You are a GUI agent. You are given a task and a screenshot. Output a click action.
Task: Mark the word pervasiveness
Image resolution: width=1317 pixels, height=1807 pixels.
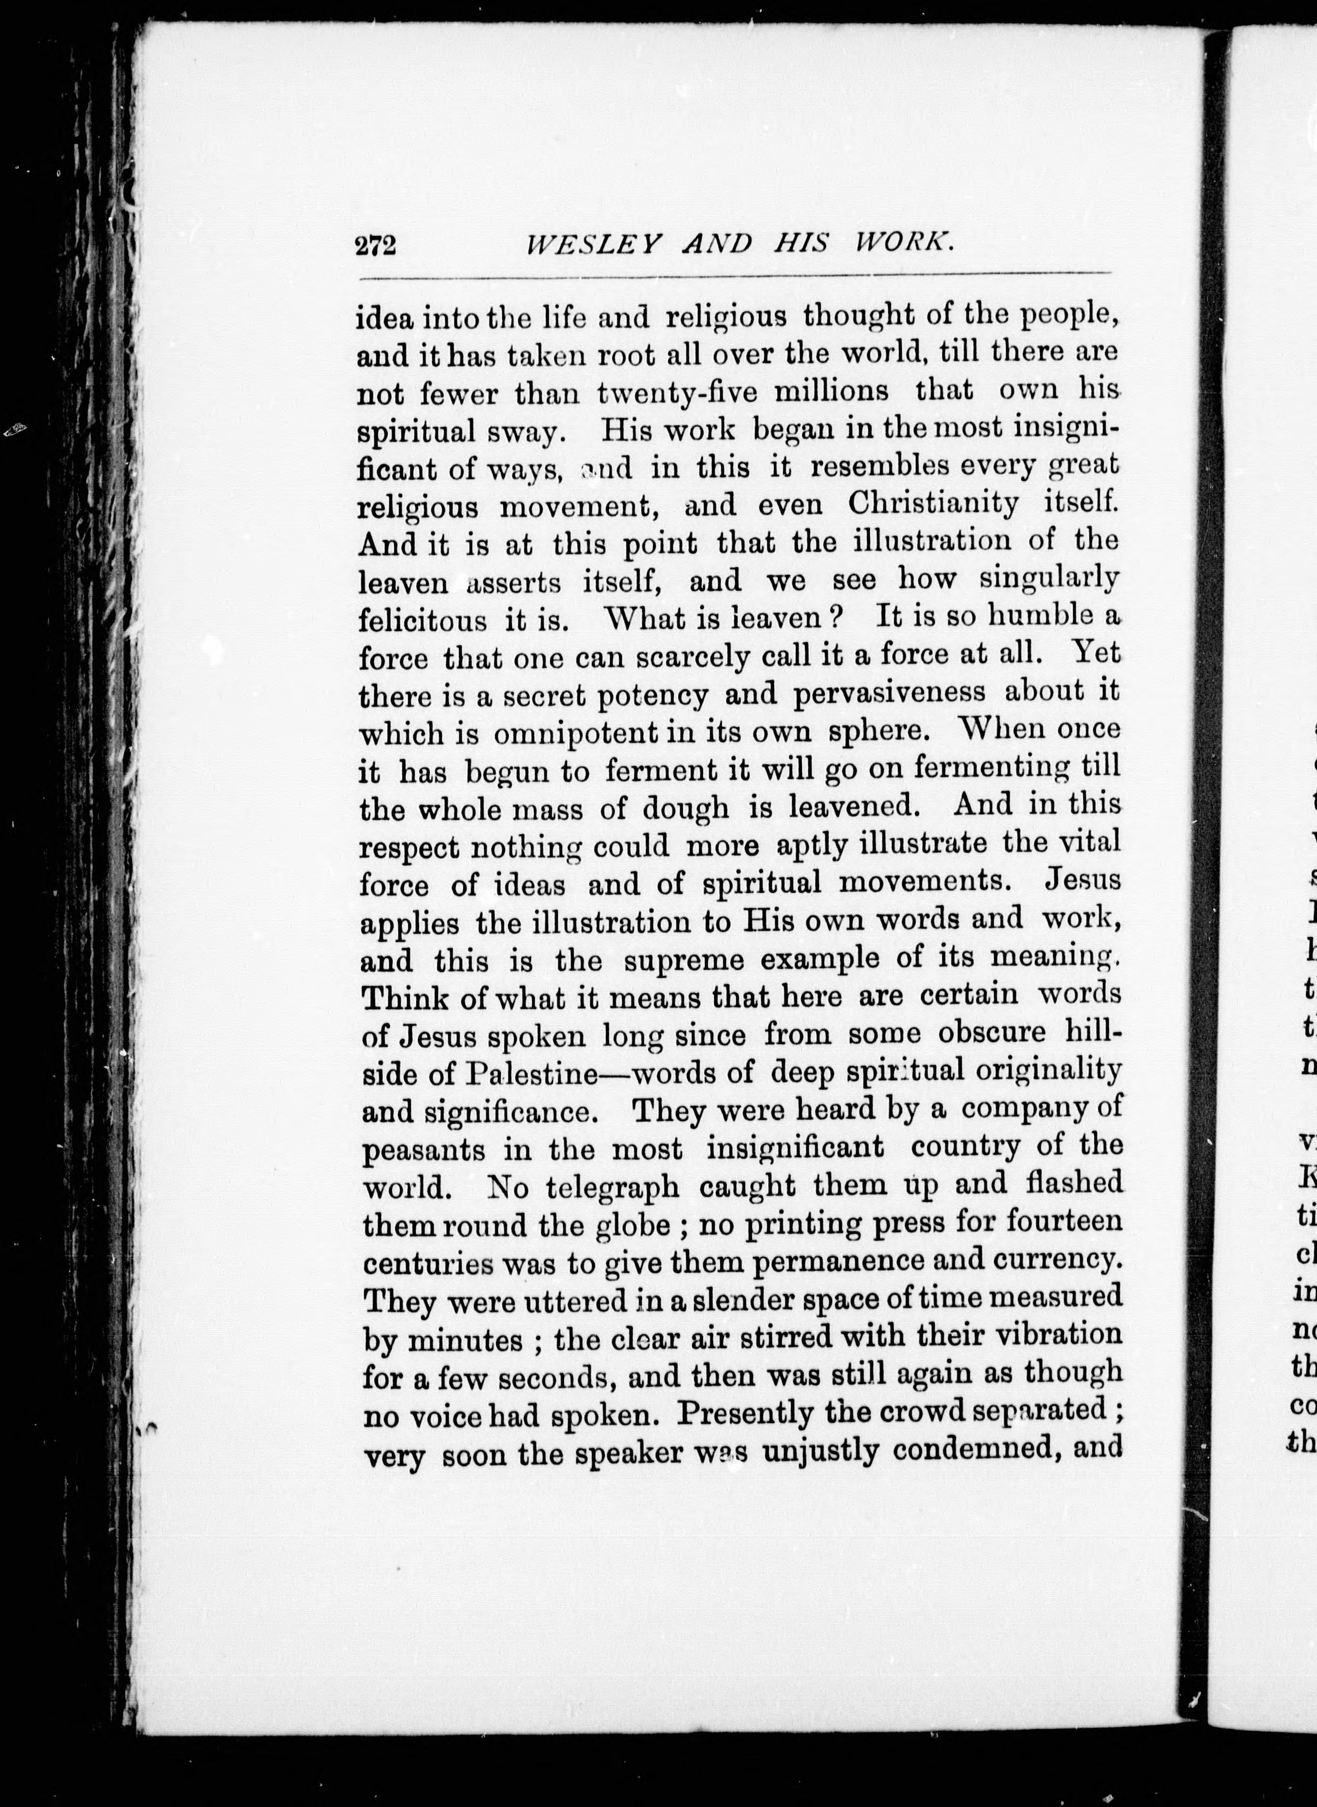(889, 693)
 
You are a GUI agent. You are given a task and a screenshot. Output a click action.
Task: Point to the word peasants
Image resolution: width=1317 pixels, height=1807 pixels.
(423, 1150)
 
